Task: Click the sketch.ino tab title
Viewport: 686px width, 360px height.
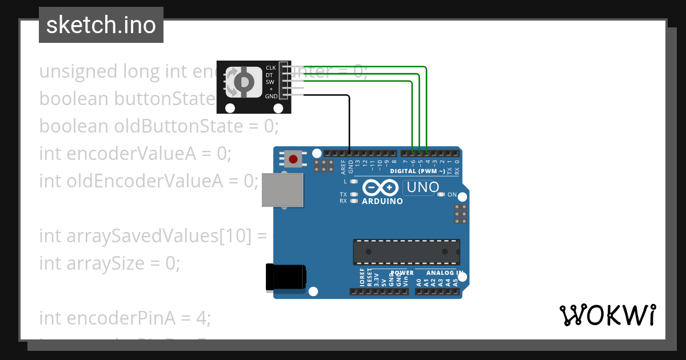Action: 101,25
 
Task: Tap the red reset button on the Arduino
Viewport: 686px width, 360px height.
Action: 293,159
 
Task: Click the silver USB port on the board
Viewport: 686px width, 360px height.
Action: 282,189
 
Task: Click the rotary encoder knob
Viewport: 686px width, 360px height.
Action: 244,82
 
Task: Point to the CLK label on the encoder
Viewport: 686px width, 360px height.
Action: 271,68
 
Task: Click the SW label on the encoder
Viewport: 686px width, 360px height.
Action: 270,82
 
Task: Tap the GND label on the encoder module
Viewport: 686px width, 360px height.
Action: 271,97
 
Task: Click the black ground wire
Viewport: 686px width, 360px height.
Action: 349,120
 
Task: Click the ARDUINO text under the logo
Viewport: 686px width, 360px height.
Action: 382,201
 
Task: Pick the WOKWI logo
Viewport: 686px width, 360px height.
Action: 607,315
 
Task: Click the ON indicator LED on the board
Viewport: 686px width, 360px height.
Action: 441,194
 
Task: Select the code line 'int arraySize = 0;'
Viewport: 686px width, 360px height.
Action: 109,263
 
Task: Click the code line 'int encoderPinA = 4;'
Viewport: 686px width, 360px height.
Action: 125,317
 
